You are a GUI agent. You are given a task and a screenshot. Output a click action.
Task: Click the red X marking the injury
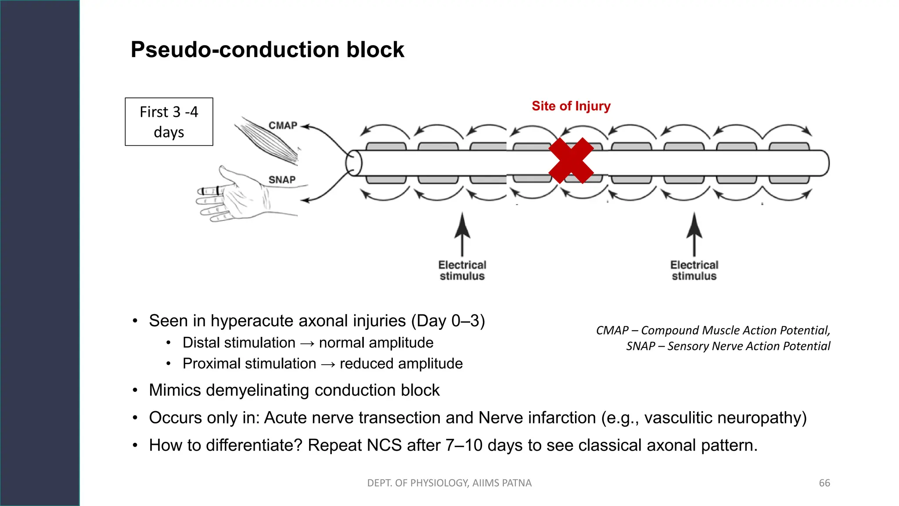tap(571, 161)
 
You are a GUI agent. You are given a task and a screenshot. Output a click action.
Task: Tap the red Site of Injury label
tap(571, 106)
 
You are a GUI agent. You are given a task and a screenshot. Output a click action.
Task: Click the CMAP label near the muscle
tap(283, 126)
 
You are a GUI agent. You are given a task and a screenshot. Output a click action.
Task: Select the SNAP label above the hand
tap(282, 180)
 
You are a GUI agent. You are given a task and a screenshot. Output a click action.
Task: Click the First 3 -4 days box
tap(169, 122)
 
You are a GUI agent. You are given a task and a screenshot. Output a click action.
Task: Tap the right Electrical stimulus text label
tap(694, 271)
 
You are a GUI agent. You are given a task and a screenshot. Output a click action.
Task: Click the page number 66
tap(824, 483)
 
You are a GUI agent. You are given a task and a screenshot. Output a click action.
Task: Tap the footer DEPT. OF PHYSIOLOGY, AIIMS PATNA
tap(449, 483)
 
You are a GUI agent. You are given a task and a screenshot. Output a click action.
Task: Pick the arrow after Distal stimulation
tap(307, 343)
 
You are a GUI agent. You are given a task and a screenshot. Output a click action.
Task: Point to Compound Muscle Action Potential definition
tap(735, 330)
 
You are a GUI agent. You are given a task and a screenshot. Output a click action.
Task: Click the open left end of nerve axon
tap(353, 163)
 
